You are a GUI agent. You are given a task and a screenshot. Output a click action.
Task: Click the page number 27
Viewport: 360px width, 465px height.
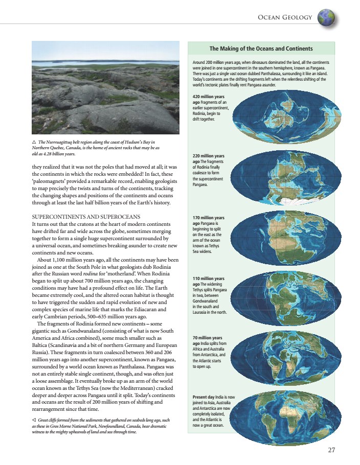click(x=331, y=450)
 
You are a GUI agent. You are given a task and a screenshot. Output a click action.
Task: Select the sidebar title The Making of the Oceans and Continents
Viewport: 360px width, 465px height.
click(x=261, y=49)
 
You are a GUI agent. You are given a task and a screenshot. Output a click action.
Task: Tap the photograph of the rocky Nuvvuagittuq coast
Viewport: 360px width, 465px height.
click(x=105, y=88)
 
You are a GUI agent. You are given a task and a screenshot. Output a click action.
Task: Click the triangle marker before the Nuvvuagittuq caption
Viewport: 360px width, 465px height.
click(x=34, y=142)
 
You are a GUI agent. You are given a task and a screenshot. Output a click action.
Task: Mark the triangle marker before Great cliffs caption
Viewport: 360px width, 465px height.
click(x=34, y=420)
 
